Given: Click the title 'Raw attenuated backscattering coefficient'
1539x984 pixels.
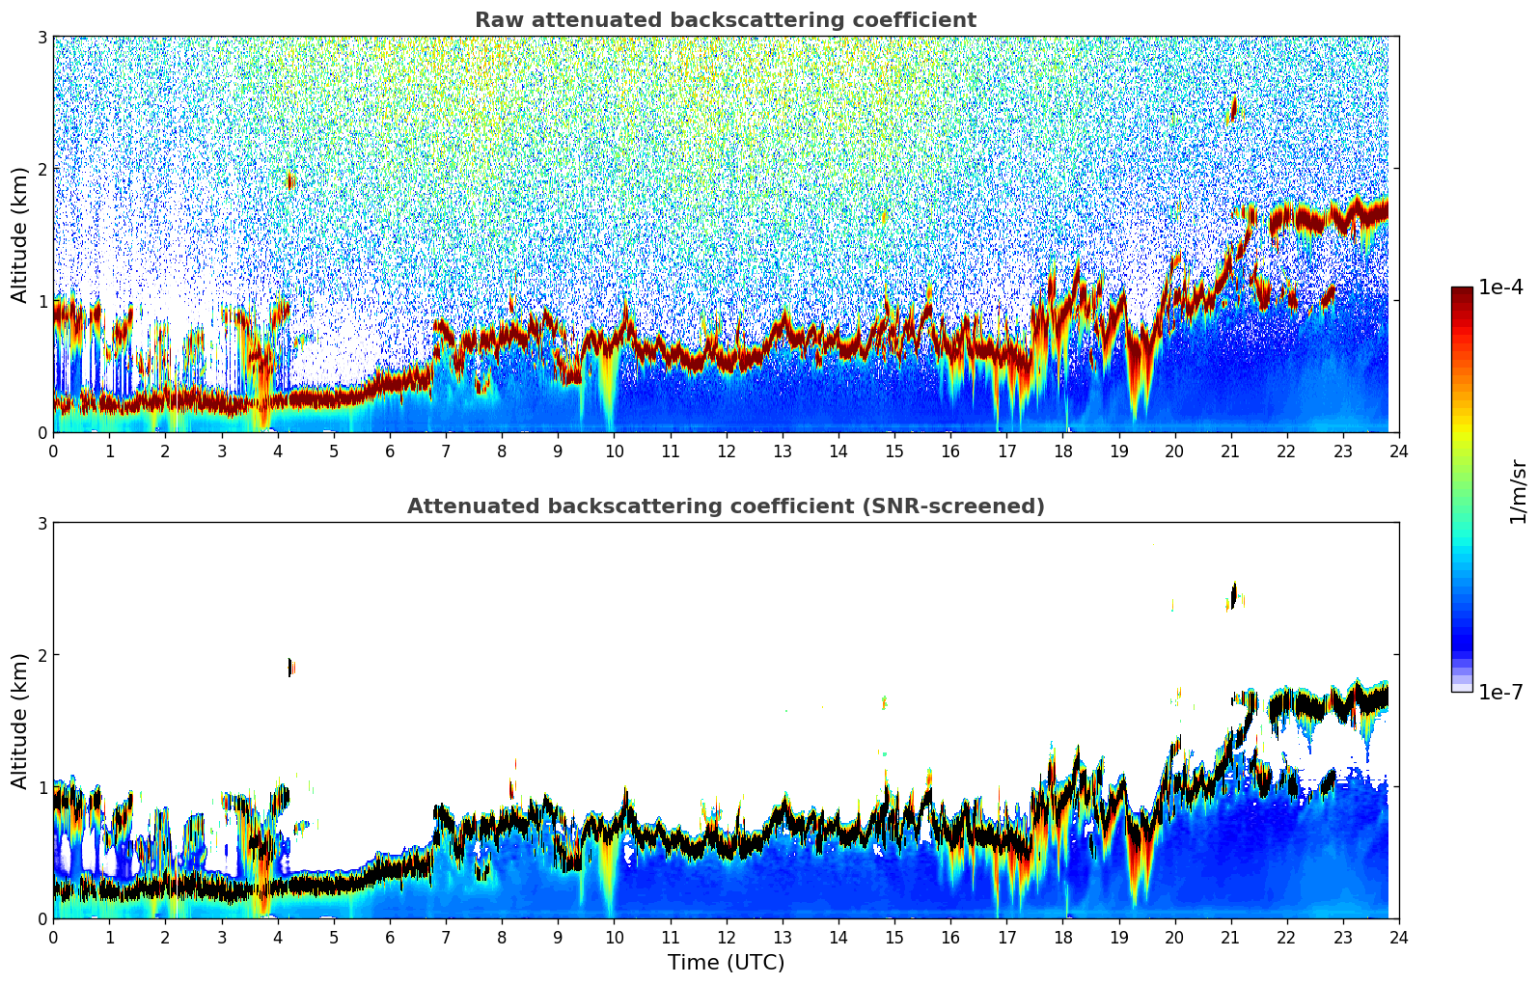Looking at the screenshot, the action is (726, 20).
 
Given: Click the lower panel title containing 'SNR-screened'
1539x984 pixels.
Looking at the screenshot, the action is (726, 506).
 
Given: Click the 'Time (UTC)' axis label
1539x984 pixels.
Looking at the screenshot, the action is (726, 963).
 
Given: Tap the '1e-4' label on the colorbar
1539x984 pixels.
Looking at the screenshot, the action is (1500, 287).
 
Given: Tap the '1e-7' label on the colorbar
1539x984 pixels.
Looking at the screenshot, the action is (1500, 692).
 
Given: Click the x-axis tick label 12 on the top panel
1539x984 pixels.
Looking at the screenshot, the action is (727, 451).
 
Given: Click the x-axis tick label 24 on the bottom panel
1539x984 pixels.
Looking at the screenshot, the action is (1399, 938).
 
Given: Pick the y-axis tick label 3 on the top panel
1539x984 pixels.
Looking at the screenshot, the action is (41, 37).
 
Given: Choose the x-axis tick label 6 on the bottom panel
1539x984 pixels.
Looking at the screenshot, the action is (390, 938).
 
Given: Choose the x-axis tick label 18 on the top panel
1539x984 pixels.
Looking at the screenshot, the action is (1063, 451).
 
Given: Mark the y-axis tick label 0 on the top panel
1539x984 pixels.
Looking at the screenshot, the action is (41, 433).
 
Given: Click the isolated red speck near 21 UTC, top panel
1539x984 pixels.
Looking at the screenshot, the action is (1234, 108).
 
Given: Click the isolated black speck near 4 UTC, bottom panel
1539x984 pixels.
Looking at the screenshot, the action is (290, 667).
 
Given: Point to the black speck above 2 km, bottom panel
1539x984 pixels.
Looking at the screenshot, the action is (1234, 595).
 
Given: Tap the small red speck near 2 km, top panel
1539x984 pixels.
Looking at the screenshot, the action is (290, 180).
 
